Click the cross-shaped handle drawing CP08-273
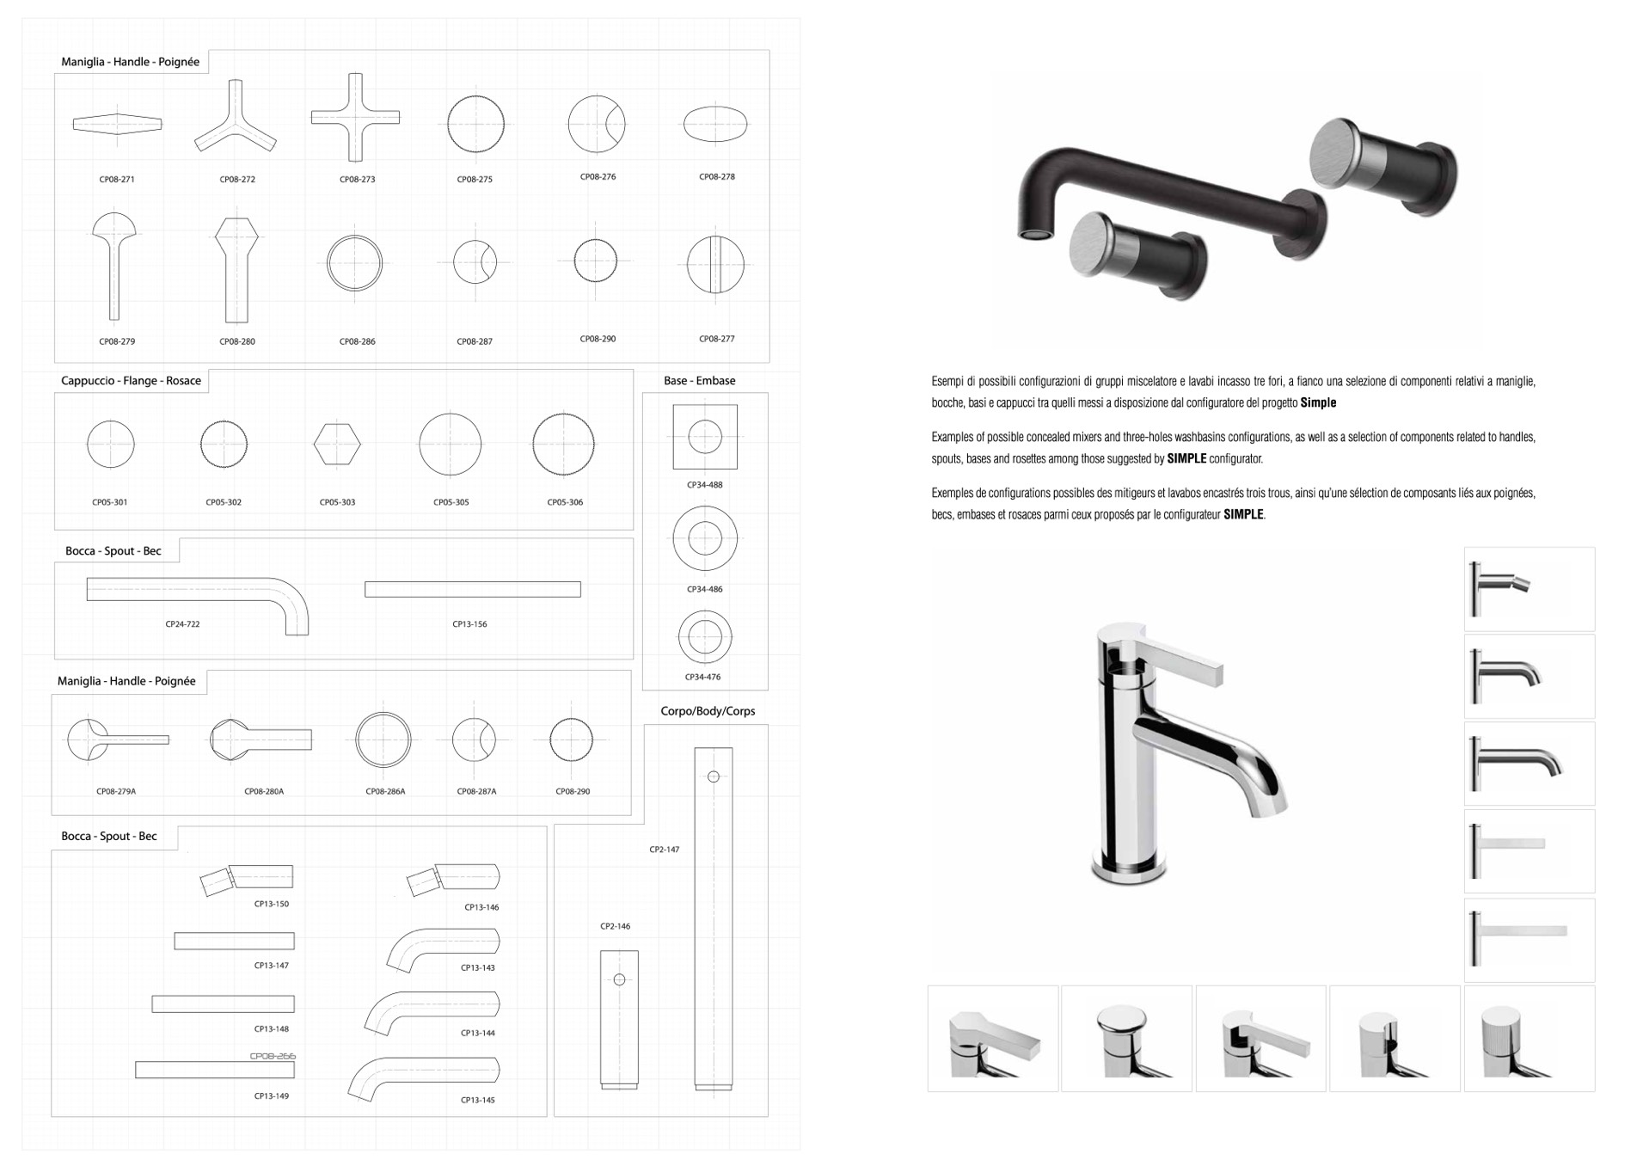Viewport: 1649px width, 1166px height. point(355,117)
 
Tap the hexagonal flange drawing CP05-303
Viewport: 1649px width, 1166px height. point(337,445)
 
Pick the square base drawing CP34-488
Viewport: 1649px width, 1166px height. point(705,437)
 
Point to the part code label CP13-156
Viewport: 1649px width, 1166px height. point(469,624)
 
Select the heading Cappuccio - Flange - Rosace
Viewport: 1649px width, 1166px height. point(131,381)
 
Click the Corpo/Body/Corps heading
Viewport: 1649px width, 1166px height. point(708,711)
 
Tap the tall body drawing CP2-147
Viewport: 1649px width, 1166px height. point(714,919)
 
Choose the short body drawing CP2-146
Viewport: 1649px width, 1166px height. point(619,1020)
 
